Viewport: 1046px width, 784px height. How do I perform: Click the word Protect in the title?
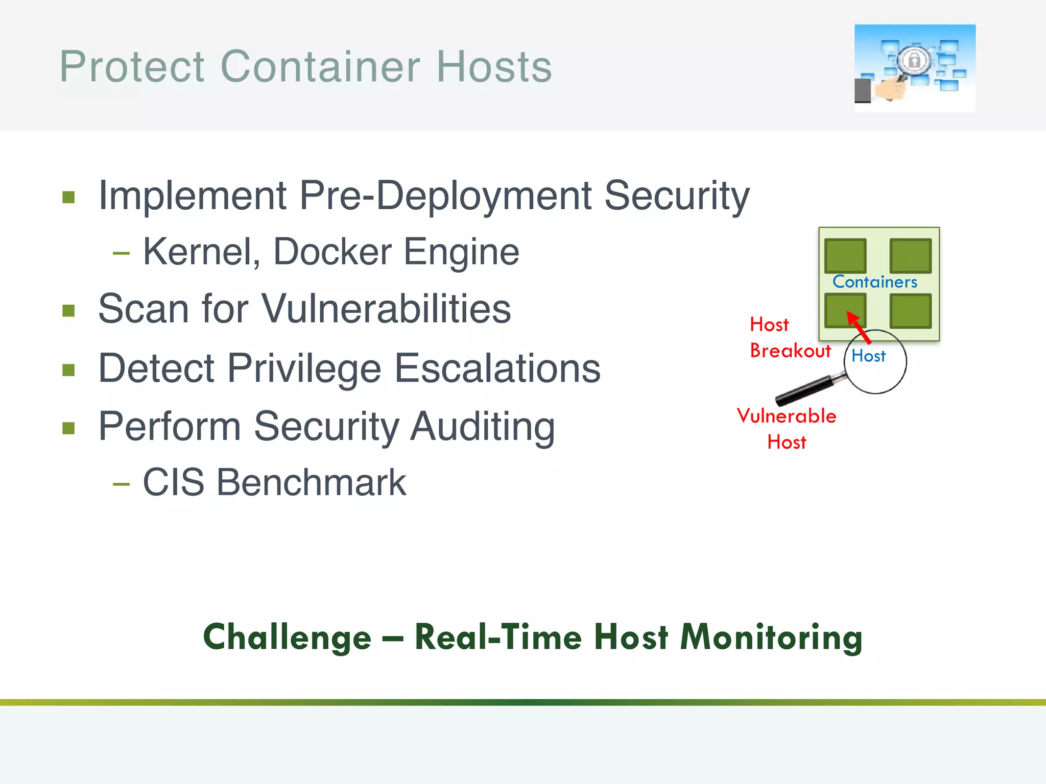pyautogui.click(x=132, y=67)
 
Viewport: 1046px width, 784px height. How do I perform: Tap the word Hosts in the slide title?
pyautogui.click(x=494, y=67)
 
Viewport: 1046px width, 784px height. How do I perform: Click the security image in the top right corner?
pyautogui.click(x=914, y=67)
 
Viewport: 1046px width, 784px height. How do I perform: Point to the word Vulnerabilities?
pyautogui.click(x=386, y=309)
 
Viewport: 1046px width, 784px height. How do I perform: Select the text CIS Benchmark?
pyautogui.click(x=274, y=482)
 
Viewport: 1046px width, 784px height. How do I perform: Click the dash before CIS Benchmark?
pyautogui.click(x=121, y=483)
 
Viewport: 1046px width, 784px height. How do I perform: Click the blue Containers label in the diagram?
pyautogui.click(x=874, y=282)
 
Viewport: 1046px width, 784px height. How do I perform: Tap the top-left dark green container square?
pyautogui.click(x=845, y=256)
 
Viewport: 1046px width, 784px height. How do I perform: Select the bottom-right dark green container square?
pyautogui.click(x=910, y=311)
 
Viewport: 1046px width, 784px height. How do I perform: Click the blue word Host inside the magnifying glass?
pyautogui.click(x=868, y=356)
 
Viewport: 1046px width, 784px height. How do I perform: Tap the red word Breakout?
pyautogui.click(x=790, y=351)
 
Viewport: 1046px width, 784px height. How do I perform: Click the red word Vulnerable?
pyautogui.click(x=786, y=416)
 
